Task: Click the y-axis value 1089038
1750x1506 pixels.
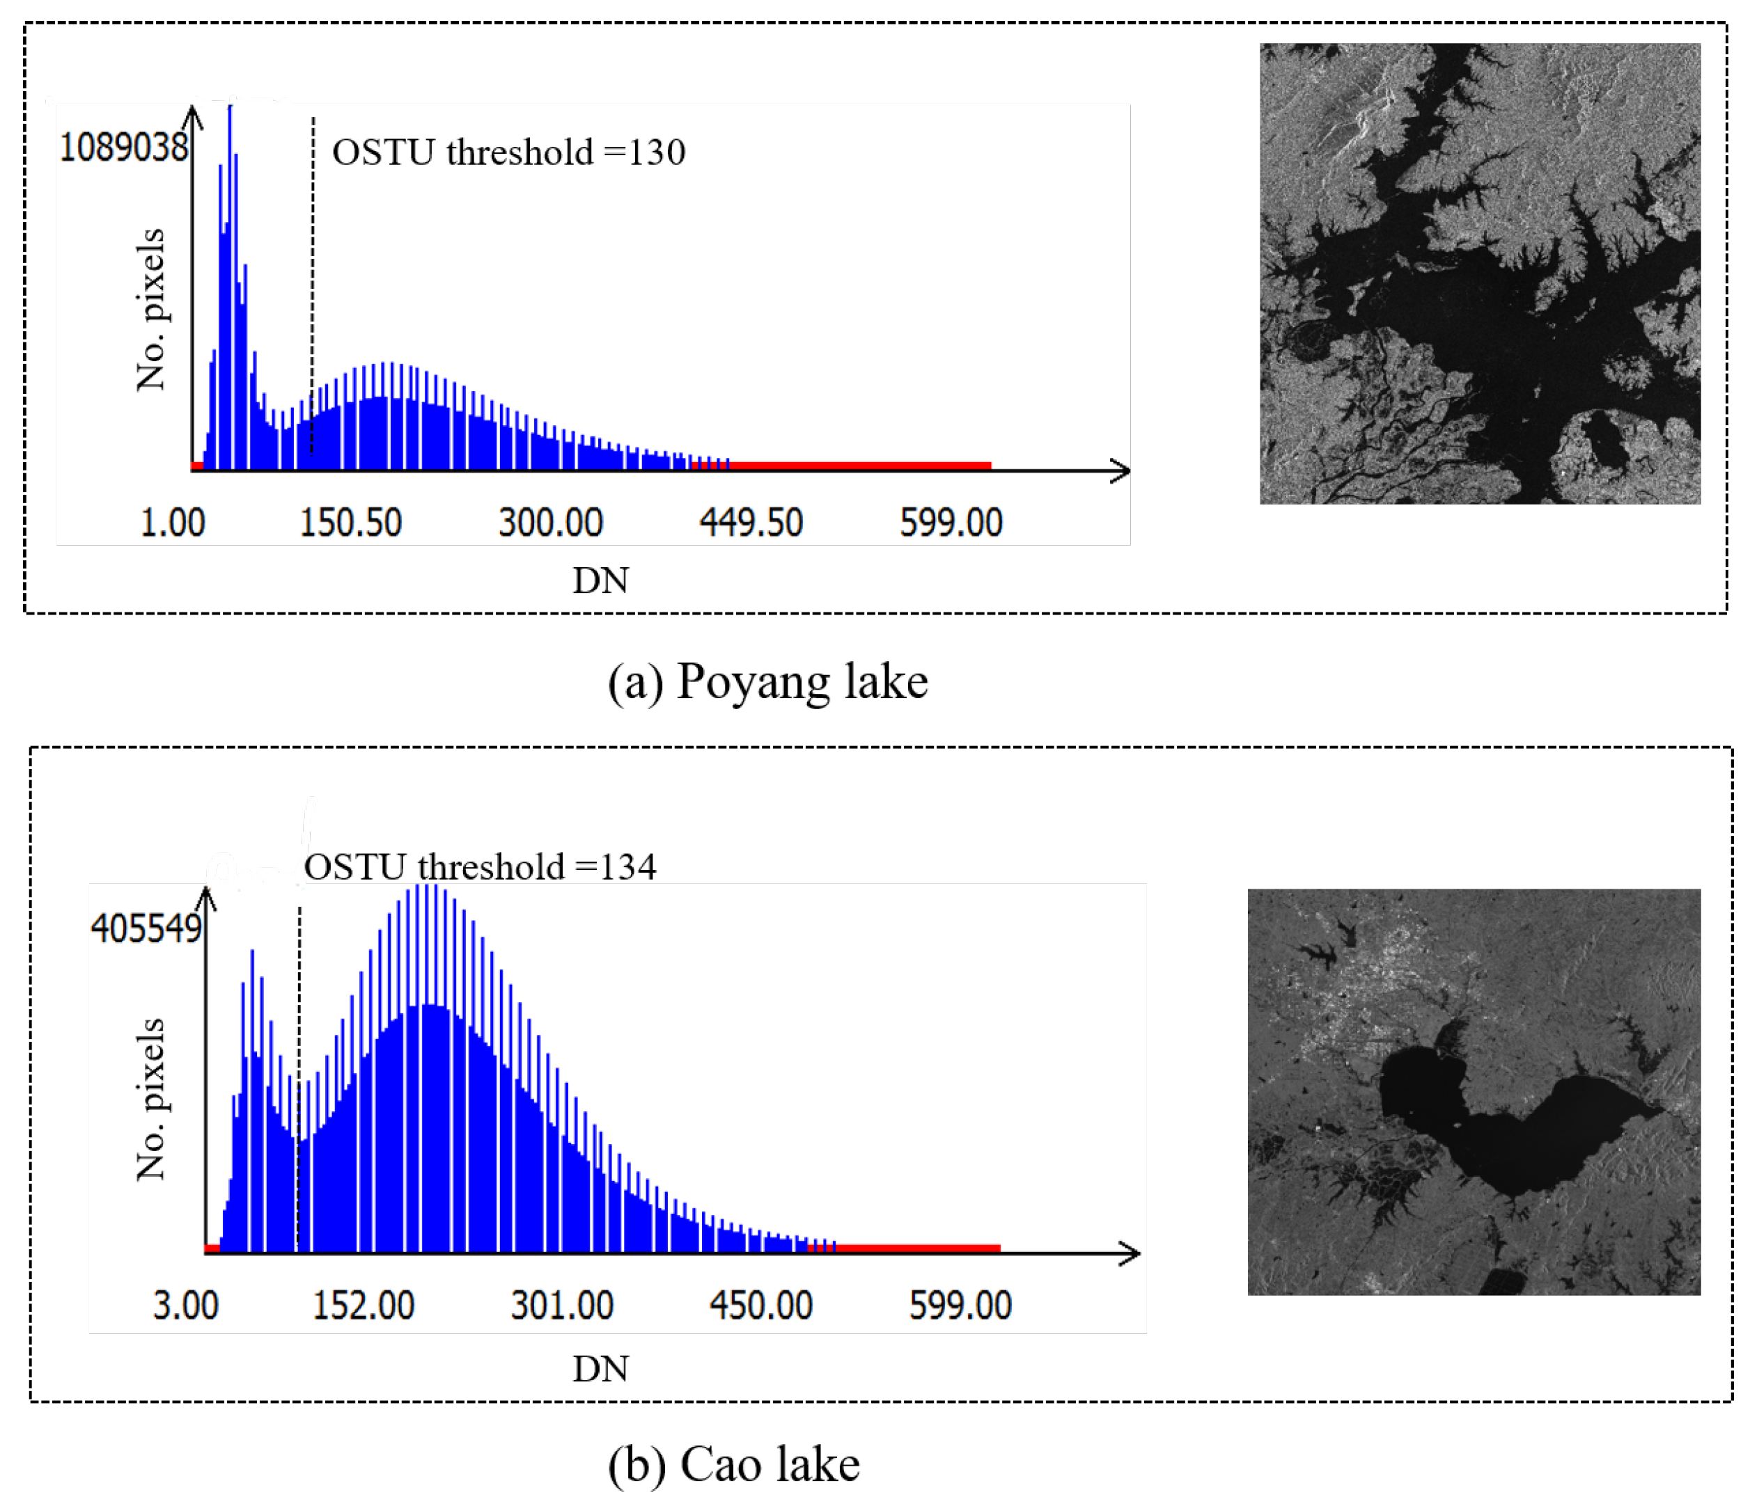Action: pyautogui.click(x=123, y=148)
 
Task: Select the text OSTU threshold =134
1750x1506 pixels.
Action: pyautogui.click(x=480, y=867)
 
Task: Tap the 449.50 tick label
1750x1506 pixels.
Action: pyautogui.click(x=751, y=523)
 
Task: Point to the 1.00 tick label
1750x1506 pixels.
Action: pyautogui.click(x=172, y=523)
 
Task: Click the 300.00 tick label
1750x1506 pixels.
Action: pyautogui.click(x=551, y=523)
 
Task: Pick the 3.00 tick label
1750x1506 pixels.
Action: pyautogui.click(x=186, y=1306)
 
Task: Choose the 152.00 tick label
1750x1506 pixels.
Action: pyautogui.click(x=364, y=1306)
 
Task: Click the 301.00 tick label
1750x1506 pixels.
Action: pyautogui.click(x=562, y=1306)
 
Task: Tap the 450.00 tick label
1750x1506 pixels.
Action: pyautogui.click(x=761, y=1306)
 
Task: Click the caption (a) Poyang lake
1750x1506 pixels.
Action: pyautogui.click(x=767, y=681)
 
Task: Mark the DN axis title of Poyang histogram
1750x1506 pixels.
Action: pyautogui.click(x=600, y=581)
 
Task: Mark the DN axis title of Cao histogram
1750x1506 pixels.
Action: pyautogui.click(x=600, y=1369)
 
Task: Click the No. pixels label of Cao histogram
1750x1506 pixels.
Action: pyautogui.click(x=151, y=1099)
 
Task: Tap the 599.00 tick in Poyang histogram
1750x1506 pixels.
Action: pyautogui.click(x=951, y=523)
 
